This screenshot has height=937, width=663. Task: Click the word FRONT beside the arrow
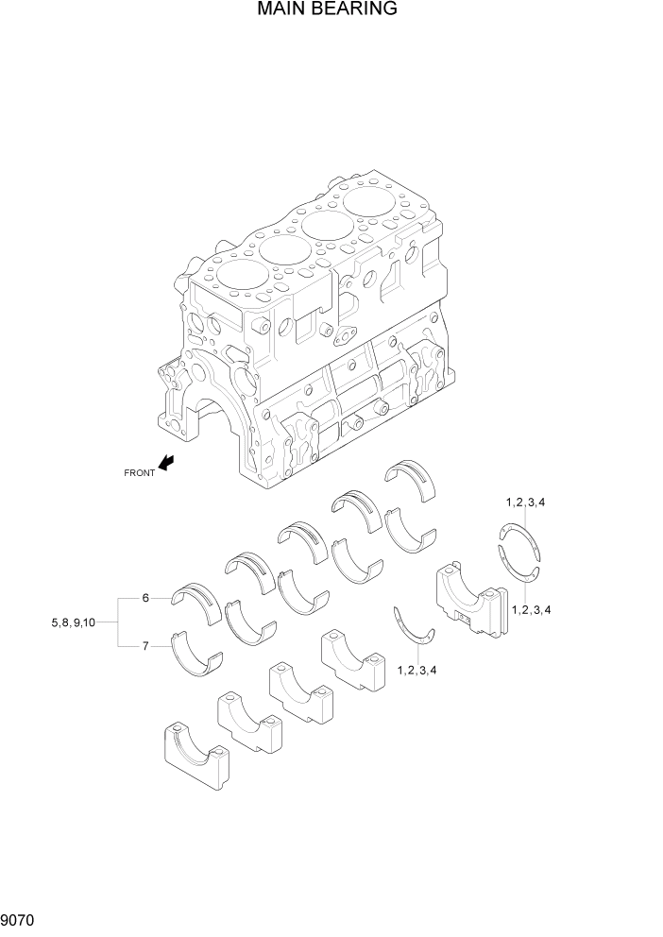(139, 472)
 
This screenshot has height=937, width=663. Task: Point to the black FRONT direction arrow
(167, 462)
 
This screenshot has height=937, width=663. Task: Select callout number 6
(145, 598)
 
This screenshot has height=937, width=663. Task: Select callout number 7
(145, 646)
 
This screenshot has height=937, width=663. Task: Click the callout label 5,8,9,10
(73, 622)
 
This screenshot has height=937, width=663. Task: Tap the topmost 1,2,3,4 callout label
(524, 502)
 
